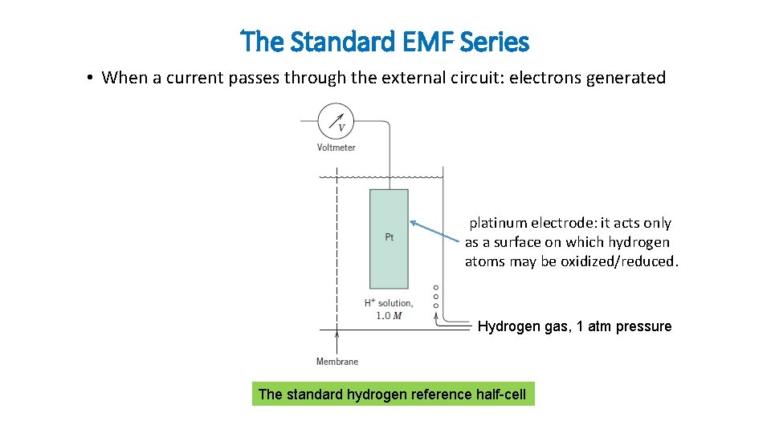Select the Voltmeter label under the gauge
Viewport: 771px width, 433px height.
coord(336,148)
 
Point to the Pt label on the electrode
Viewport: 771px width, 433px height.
coord(389,237)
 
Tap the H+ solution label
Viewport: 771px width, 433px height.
coord(389,303)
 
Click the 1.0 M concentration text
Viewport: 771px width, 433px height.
coord(389,315)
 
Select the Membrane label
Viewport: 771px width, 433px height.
coord(337,362)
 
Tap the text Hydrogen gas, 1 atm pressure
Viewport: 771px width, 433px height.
coord(574,326)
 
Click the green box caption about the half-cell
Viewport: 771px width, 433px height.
coord(393,395)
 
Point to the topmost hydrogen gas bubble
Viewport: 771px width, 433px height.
coord(436,287)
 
